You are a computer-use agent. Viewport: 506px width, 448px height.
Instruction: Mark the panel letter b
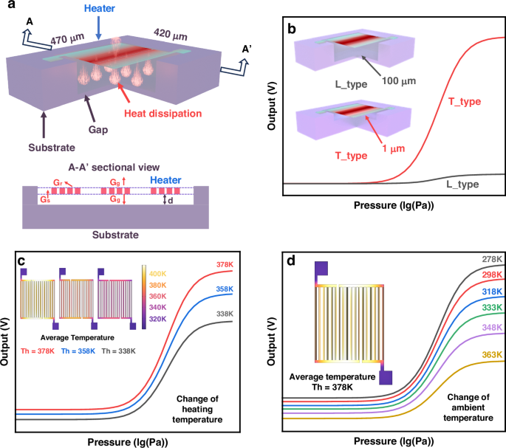291,32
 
